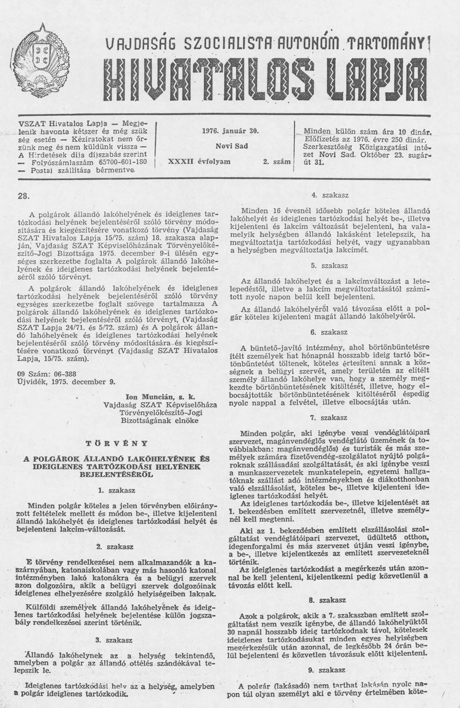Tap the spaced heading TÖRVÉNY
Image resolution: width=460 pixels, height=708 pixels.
[x=116, y=443]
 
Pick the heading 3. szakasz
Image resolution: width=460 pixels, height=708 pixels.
[x=116, y=639]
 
